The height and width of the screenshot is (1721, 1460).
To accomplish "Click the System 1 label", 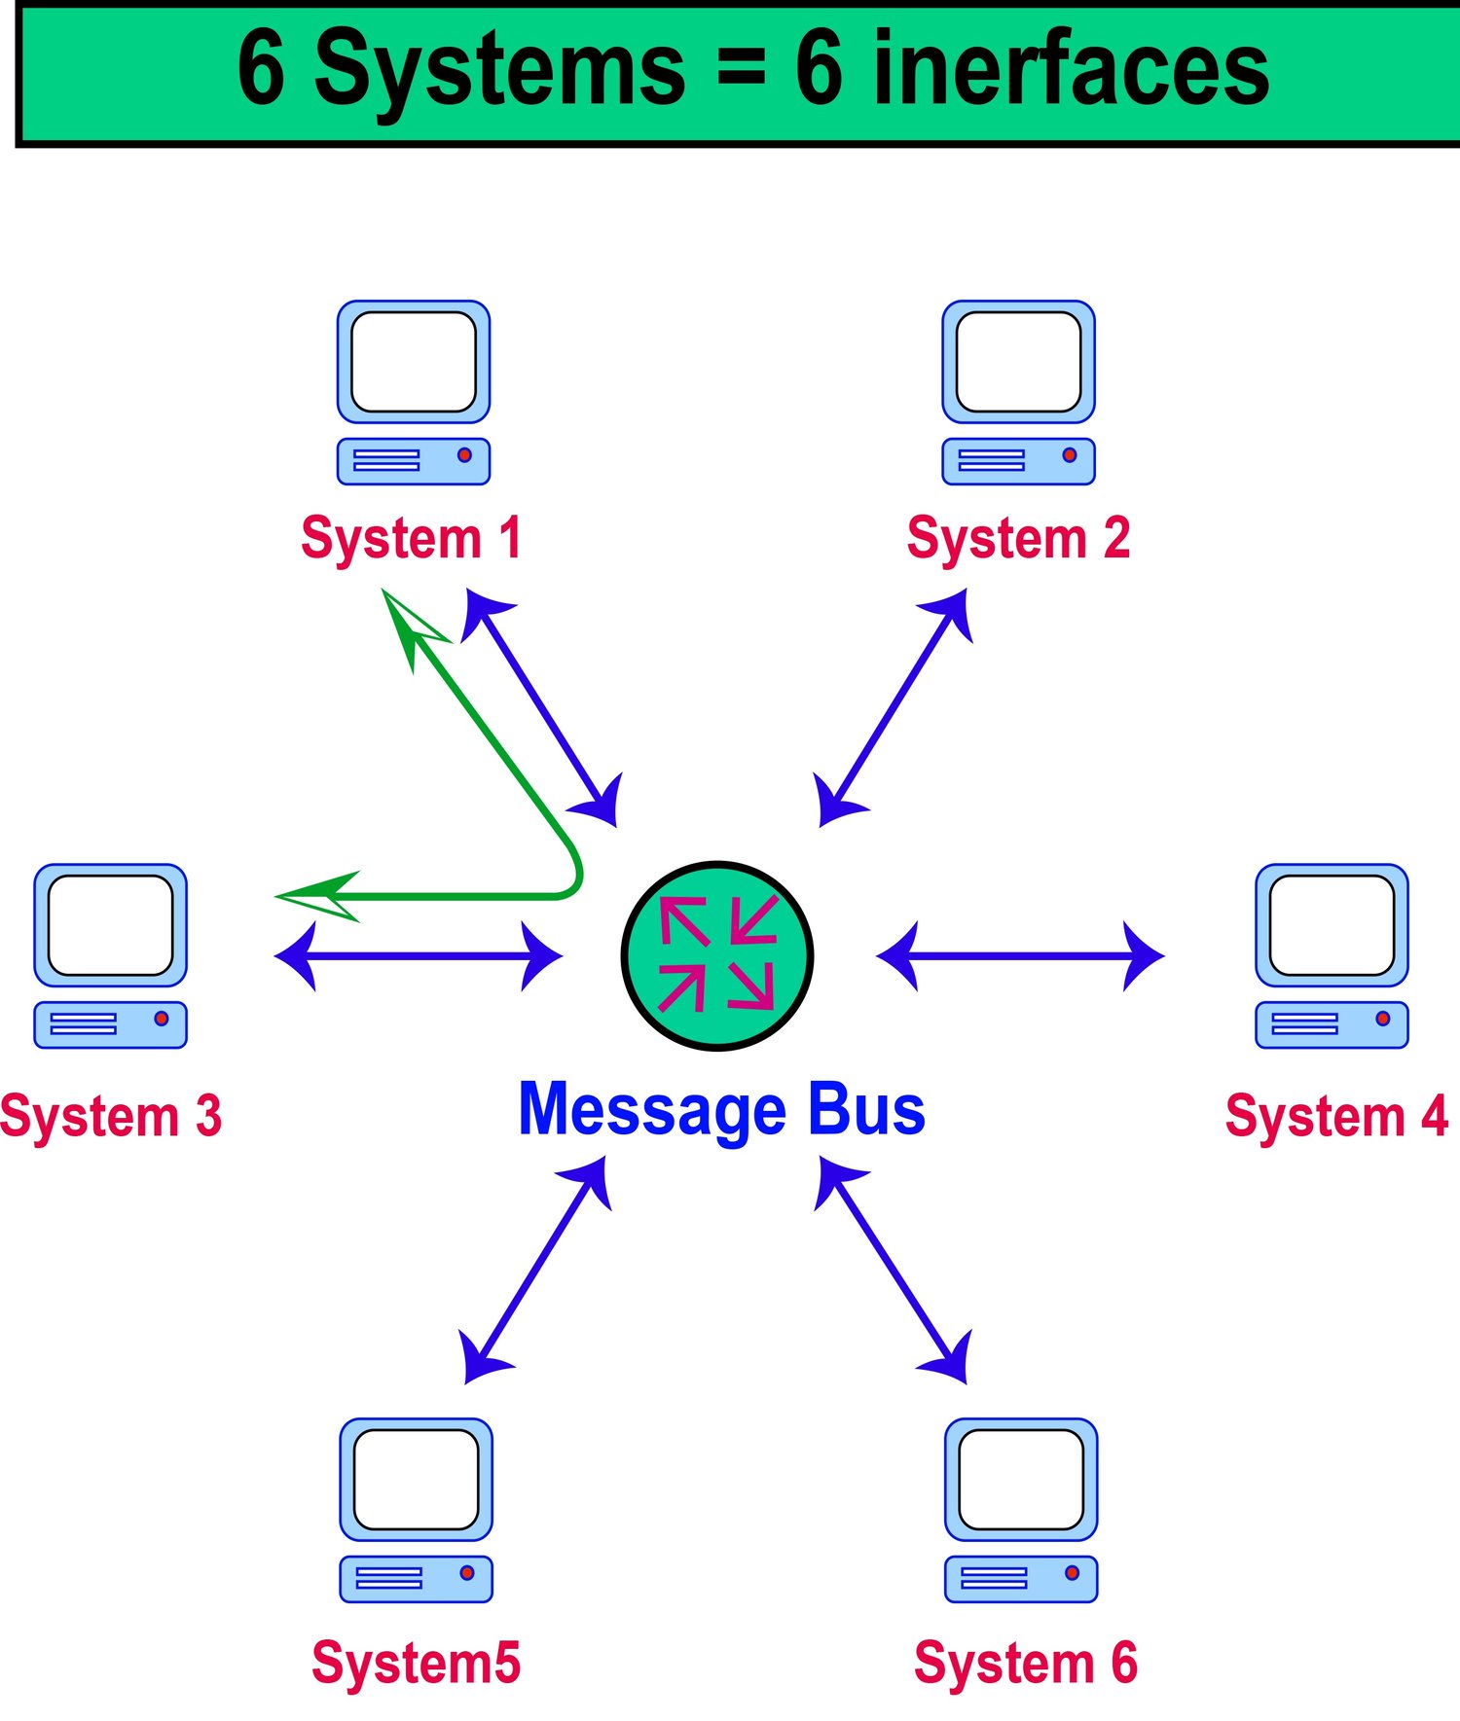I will (x=411, y=538).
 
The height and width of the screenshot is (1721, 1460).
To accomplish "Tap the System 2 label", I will (x=1018, y=538).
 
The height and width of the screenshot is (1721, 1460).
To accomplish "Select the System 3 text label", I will (x=111, y=1115).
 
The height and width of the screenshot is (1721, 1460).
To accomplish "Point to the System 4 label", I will (x=1336, y=1115).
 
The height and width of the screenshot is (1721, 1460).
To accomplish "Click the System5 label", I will (x=416, y=1662).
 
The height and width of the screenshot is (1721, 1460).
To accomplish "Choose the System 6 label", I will (x=1025, y=1662).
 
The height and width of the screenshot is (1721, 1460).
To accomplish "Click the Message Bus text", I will (x=721, y=1109).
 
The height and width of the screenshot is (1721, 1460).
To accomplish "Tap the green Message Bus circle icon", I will (x=717, y=955).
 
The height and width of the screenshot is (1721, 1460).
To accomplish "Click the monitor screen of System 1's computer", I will (x=413, y=361).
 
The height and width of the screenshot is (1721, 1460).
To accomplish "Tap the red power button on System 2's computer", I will (x=1070, y=454).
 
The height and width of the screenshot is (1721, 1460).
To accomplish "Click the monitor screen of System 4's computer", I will (x=1332, y=924).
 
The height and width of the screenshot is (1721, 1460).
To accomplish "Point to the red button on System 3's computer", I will (x=162, y=1018).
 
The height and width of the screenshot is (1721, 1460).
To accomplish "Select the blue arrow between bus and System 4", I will (x=1020, y=955).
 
